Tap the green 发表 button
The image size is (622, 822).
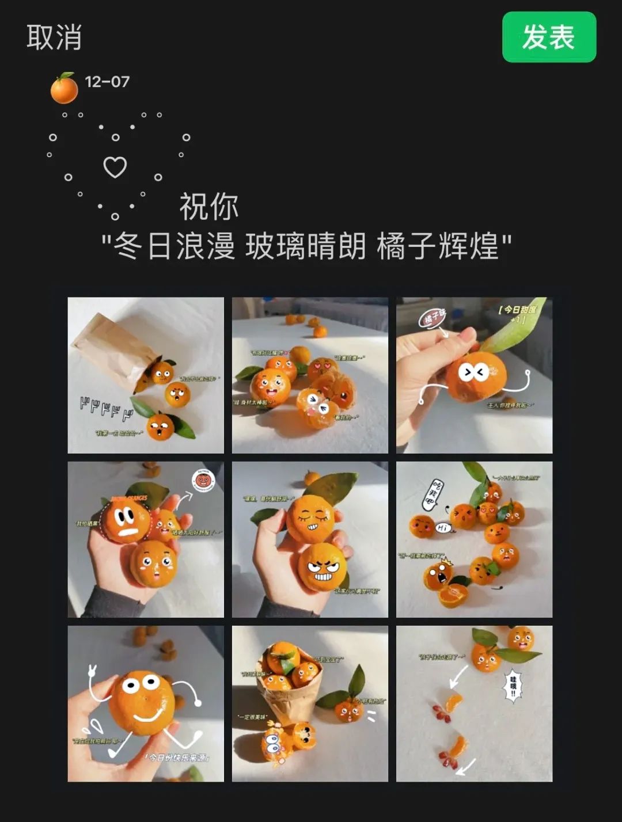(548, 37)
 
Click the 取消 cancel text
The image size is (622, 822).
(54, 37)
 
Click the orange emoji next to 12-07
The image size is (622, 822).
(64, 89)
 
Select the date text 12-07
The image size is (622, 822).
(107, 82)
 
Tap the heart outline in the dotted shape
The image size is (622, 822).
(115, 167)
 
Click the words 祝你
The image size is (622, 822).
(209, 207)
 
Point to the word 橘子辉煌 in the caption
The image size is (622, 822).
(438, 246)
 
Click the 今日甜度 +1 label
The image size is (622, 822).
(518, 314)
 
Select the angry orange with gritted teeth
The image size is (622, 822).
(322, 568)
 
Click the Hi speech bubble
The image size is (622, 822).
(443, 527)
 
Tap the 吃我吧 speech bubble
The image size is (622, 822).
(433, 493)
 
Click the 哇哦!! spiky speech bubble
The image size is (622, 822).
(513, 686)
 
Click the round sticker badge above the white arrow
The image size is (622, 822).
(203, 479)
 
